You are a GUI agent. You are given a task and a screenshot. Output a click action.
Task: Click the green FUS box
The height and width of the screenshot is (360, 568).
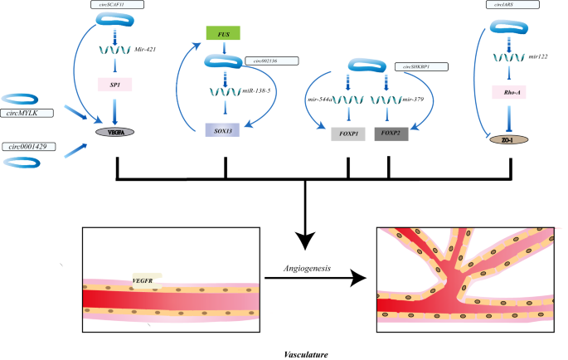click(x=223, y=34)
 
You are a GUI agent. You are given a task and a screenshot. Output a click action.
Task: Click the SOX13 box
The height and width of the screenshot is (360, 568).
click(x=222, y=129)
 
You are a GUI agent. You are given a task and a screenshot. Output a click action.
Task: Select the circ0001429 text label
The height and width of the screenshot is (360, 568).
click(x=27, y=146)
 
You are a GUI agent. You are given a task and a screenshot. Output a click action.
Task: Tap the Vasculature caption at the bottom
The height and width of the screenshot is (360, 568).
click(x=306, y=354)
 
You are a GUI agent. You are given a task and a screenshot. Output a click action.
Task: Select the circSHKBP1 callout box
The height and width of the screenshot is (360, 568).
click(x=420, y=66)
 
